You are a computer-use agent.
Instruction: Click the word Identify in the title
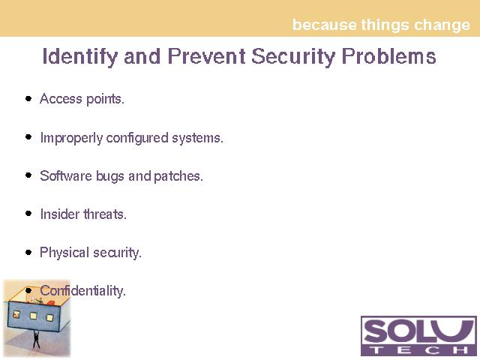[x=80, y=57]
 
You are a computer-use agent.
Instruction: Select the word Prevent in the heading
[x=207, y=56]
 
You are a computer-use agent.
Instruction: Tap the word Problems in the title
[x=388, y=56]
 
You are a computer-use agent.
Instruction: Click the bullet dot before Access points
[x=28, y=98]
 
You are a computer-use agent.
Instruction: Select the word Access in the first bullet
[x=61, y=98]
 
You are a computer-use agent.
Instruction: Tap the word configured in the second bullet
[x=137, y=138]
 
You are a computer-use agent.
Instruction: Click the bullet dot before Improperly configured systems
[x=28, y=136]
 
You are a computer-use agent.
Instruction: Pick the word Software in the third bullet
[x=66, y=175]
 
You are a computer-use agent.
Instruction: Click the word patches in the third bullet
[x=178, y=176]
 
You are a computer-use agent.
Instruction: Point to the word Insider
[x=60, y=214]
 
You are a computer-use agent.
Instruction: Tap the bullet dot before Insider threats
[x=28, y=213]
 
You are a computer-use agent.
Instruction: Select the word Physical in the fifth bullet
[x=64, y=253]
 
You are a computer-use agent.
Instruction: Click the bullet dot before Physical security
[x=28, y=252]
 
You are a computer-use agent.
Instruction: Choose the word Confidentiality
[x=82, y=290]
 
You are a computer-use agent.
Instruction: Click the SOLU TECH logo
[x=418, y=336]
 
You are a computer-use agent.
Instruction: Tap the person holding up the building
[x=36, y=339]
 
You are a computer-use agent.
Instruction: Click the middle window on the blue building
[x=33, y=316]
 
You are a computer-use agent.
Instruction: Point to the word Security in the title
[x=293, y=57]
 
